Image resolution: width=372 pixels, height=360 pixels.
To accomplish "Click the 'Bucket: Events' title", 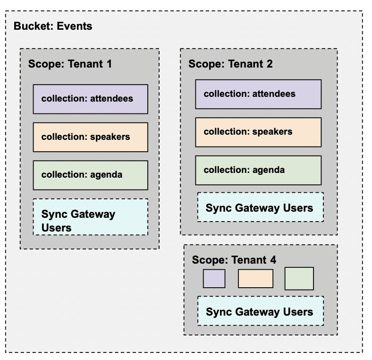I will [53, 26].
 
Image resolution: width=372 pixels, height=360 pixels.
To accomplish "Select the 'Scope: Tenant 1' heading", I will [70, 64].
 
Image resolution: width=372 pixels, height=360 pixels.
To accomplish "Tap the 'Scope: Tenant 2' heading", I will [230, 64].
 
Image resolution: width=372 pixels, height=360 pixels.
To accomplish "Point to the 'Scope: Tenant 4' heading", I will [234, 260].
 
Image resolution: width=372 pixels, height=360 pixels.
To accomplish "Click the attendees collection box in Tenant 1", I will [90, 99].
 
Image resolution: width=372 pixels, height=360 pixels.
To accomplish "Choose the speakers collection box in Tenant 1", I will [90, 137].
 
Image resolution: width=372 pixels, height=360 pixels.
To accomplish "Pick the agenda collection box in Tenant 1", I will [90, 175].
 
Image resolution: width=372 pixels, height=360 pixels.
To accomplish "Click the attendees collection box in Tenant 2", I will [258, 94].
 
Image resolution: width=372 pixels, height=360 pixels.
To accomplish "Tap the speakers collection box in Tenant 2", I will [258, 132].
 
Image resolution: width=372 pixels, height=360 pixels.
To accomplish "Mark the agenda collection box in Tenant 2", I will [258, 170].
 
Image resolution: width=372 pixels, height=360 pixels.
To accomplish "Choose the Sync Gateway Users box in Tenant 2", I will [260, 207].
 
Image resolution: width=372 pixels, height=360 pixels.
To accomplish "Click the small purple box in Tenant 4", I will [214, 278].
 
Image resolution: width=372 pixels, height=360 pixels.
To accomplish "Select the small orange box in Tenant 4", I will [255, 278].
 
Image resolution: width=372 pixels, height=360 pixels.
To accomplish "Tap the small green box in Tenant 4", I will [299, 278].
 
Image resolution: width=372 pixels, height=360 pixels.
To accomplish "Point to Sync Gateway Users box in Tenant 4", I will [260, 311].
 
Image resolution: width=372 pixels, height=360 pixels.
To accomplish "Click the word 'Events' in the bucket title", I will [75, 26].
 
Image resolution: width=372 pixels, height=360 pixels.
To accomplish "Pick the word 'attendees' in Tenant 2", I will [274, 94].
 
